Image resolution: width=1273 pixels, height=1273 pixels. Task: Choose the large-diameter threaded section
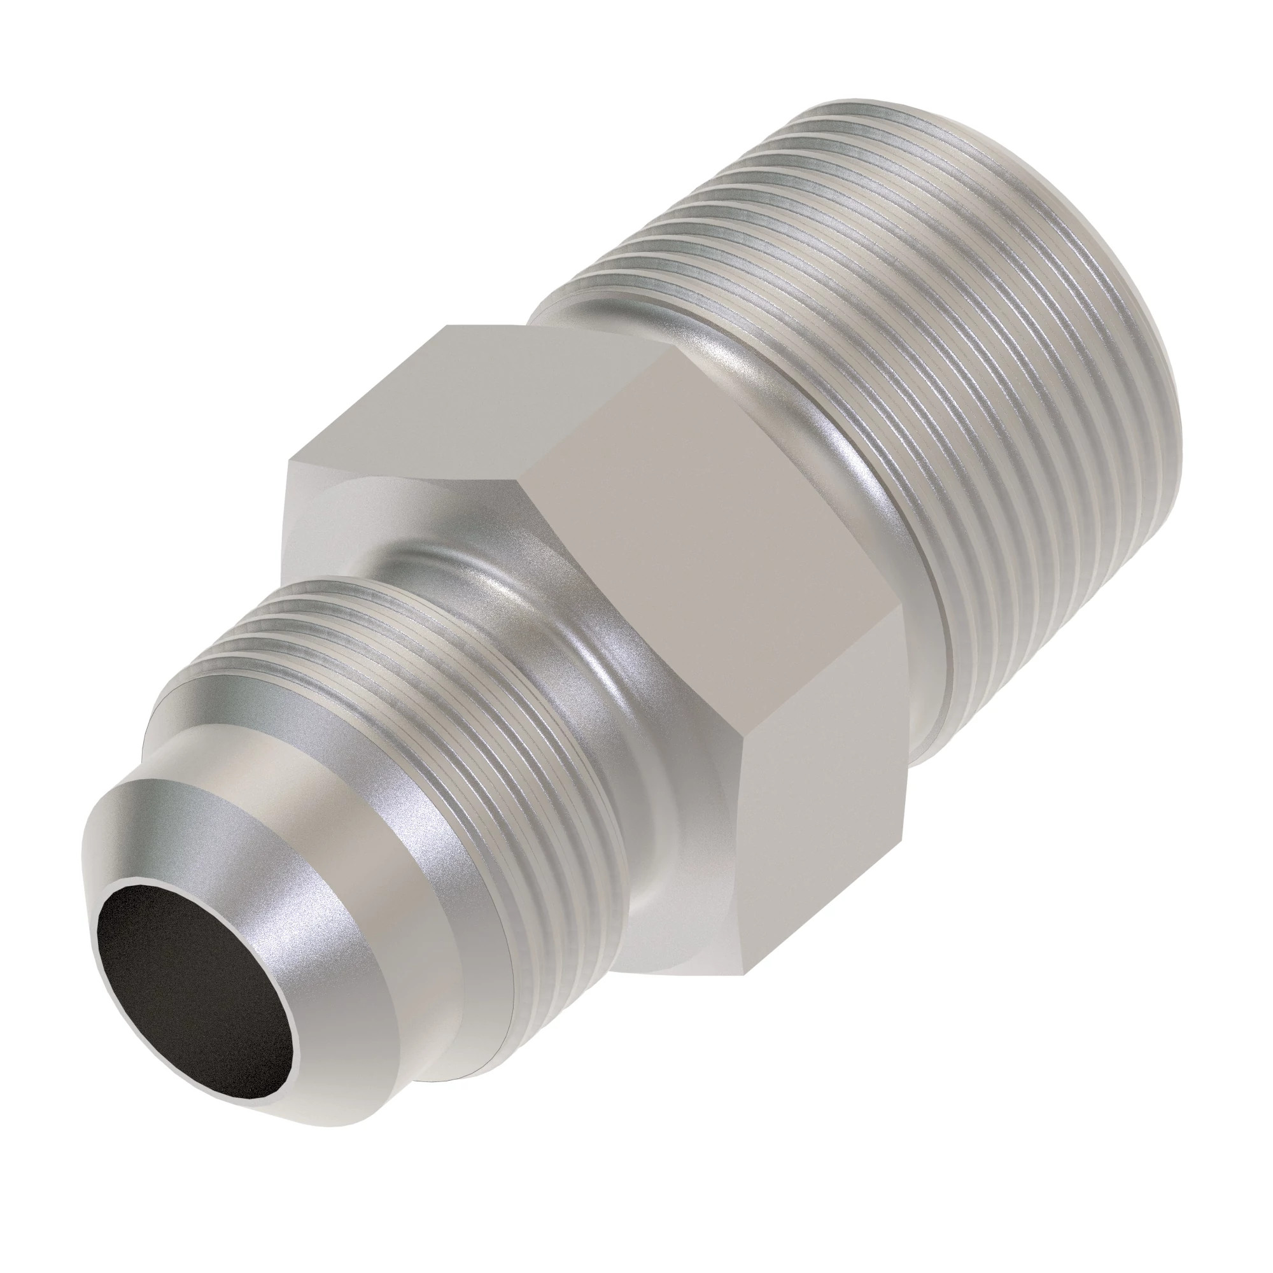[988, 395]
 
